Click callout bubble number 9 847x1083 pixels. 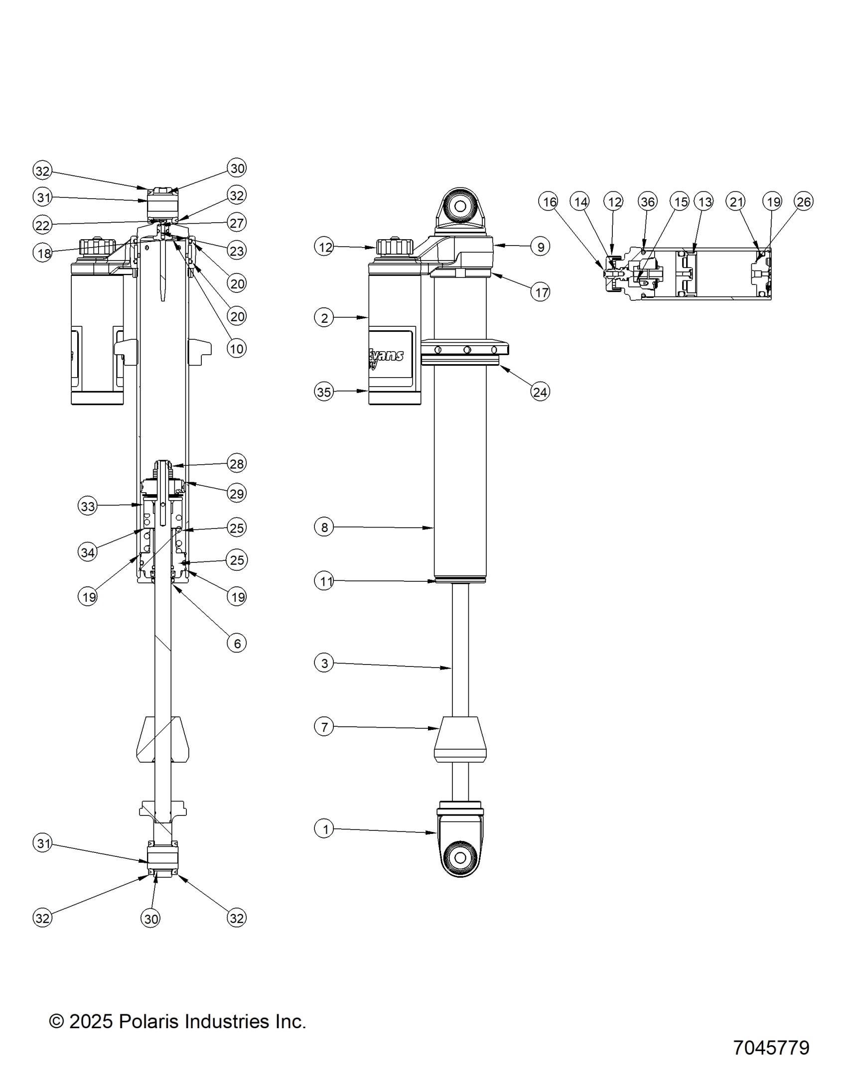(541, 246)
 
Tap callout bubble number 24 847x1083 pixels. (540, 392)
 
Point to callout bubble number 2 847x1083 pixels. (324, 317)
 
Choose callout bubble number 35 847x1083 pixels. (324, 392)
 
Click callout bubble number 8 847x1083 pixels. (324, 527)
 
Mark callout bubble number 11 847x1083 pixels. (324, 581)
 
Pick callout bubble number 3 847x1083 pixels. (324, 663)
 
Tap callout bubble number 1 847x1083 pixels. (324, 829)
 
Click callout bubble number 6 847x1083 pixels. (237, 643)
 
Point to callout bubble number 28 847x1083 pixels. (237, 464)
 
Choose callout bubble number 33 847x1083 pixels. (88, 507)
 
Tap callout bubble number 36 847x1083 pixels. (647, 202)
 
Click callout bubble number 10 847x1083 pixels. (237, 348)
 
